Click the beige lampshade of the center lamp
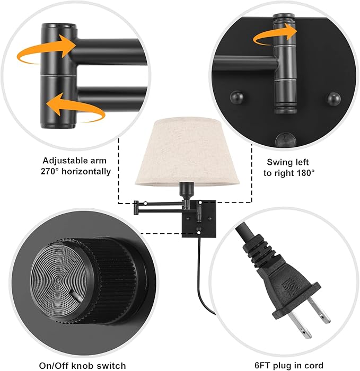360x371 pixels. pos(183,151)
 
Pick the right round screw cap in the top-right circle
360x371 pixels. pos(333,98)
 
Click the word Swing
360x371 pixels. pos(279,162)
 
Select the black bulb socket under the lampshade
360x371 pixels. pos(186,189)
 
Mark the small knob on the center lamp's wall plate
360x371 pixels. pos(198,230)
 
